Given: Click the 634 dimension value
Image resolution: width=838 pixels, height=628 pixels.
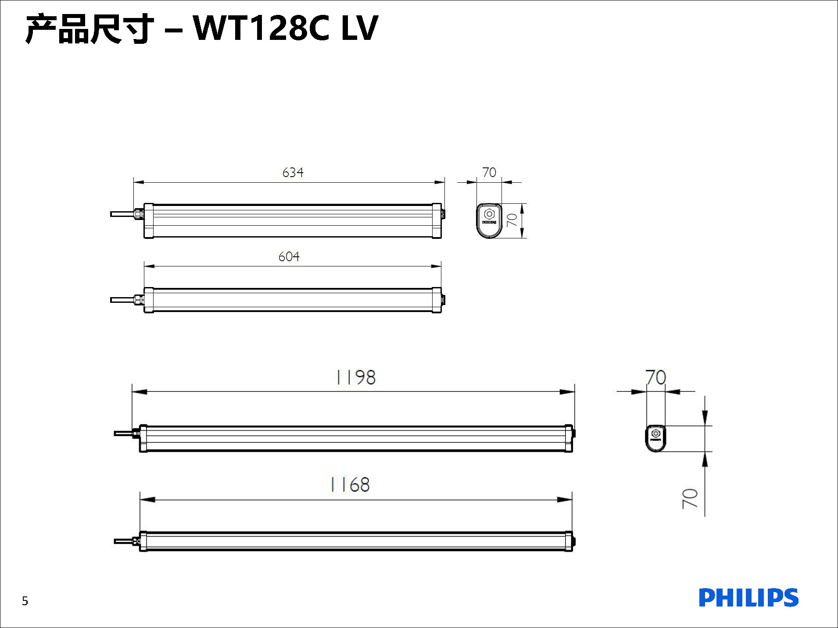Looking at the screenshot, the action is pos(293,172).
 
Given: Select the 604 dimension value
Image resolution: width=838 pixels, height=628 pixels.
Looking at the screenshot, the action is pos(289,256).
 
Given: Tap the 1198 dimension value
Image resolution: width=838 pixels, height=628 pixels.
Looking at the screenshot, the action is pos(356,377).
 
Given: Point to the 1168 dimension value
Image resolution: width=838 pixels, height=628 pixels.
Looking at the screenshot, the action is pos(350,485).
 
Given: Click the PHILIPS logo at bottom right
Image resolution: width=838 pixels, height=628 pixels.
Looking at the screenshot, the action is pos(748,598).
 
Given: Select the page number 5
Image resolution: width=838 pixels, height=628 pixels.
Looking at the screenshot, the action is pos(25,601).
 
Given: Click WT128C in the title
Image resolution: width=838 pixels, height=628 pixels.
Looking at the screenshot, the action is pos(261,28).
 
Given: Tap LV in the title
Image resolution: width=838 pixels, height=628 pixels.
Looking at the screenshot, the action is pos(359,28).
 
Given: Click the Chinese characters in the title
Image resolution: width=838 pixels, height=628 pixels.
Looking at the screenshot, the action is pos(90,29).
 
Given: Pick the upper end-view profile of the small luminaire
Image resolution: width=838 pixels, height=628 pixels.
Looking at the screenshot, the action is pos(489,220).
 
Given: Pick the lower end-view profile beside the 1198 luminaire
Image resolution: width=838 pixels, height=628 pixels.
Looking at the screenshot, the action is pos(655,438).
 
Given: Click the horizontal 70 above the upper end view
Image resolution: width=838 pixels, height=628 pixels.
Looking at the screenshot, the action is pos(489,172).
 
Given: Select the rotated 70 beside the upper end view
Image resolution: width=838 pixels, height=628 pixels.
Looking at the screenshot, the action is pos(512,220).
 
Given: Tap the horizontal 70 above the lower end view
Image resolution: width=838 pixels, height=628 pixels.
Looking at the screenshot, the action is pos(656,377).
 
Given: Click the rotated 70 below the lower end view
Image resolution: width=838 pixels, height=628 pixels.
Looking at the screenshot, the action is pos(690,499).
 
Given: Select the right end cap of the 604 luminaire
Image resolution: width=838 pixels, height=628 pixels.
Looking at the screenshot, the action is pos(437,300).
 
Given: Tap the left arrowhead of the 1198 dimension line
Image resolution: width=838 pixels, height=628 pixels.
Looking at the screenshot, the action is pos(140,392).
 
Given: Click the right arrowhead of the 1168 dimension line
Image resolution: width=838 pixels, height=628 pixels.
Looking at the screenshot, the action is pos(565,500).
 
